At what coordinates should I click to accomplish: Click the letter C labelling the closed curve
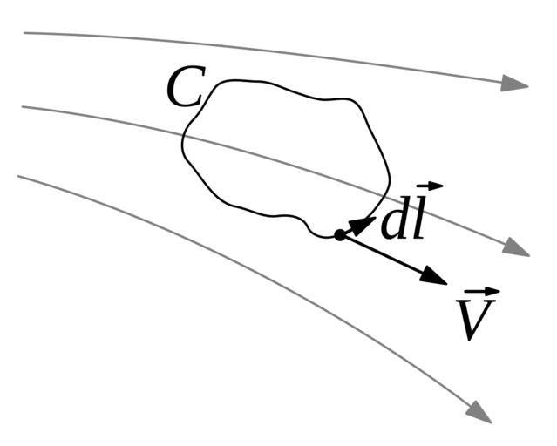[x=184, y=88]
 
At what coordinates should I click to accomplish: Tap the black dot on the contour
[x=339, y=234]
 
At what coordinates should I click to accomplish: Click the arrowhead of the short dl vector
[x=364, y=220]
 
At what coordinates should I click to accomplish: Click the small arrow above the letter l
[x=430, y=186]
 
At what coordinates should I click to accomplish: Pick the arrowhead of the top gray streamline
[x=515, y=84]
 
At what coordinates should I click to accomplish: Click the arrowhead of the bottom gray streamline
[x=479, y=409]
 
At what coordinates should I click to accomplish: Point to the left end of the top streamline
[x=24, y=33]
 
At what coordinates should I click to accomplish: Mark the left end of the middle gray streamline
[x=23, y=107]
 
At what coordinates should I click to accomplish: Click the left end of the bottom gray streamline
[x=18, y=176]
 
